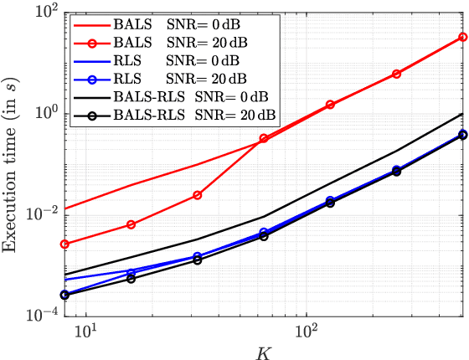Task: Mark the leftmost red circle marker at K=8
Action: click(64, 244)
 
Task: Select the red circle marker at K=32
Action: click(198, 195)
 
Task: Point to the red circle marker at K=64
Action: click(264, 138)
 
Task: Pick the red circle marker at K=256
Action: click(397, 74)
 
